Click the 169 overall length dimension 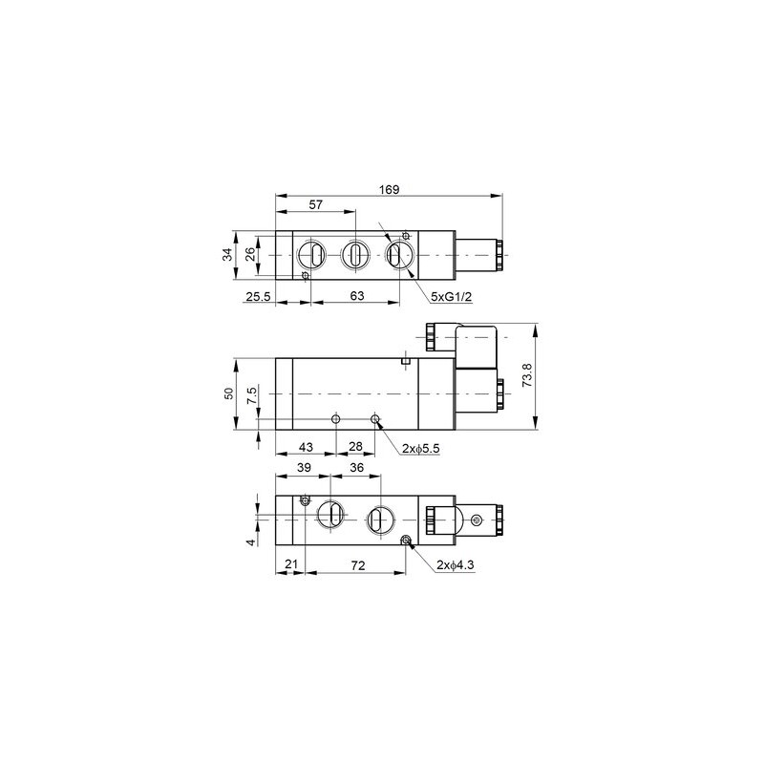point(390,189)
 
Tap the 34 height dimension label point(226,254)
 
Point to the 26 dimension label point(249,254)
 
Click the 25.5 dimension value point(257,297)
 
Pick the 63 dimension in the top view point(356,297)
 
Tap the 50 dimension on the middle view point(227,394)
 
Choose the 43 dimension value point(306,447)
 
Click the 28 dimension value point(355,447)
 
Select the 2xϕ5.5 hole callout point(420,448)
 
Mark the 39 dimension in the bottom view point(302,468)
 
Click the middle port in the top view point(353,255)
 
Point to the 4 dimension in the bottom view point(251,542)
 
